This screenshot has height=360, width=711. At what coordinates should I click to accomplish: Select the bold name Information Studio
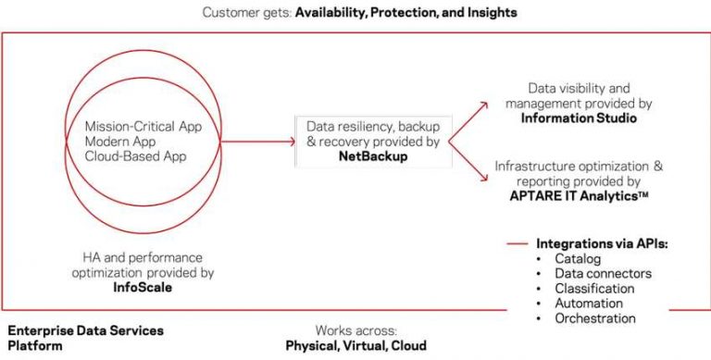[x=579, y=118]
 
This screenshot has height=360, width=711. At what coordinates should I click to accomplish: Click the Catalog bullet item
[x=578, y=258]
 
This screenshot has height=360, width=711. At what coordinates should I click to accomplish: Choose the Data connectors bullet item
[x=603, y=273]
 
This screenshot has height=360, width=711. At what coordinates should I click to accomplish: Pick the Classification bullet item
[x=597, y=288]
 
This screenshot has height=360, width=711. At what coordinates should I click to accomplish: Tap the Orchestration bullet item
[x=596, y=317]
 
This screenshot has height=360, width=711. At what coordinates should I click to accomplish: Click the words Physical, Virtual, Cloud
[x=355, y=345]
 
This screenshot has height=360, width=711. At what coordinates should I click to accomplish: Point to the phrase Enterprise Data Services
[x=85, y=330]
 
